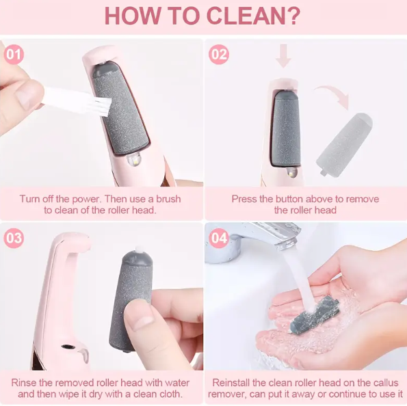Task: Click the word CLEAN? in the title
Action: (x=253, y=16)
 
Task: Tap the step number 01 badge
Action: (x=14, y=55)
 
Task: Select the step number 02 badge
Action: (x=219, y=55)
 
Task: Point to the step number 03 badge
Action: (x=14, y=238)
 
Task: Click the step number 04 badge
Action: (x=219, y=238)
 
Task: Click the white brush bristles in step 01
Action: (x=100, y=107)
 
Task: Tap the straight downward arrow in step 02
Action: (x=283, y=55)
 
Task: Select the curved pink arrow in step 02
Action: (x=333, y=96)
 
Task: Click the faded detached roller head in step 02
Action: (x=345, y=144)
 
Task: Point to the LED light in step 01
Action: (x=134, y=159)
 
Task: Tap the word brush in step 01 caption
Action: (x=168, y=199)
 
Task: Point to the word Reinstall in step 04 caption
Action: (x=231, y=383)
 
